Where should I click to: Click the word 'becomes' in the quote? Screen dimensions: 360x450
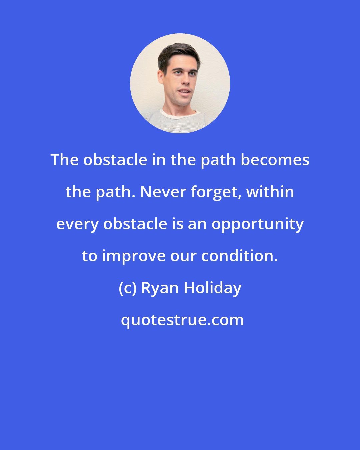(275, 160)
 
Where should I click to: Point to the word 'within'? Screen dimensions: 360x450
(270, 192)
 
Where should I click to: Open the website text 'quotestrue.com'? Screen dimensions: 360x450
(182, 320)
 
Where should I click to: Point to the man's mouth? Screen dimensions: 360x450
(184, 91)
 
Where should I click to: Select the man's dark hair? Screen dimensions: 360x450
(178, 55)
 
